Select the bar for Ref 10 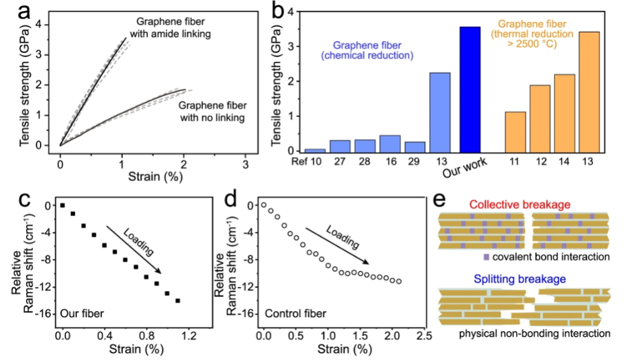tap(314, 149)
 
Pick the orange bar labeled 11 tap(516, 131)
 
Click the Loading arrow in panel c tap(134, 248)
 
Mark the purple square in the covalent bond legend tap(486, 257)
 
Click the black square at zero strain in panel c tap(63, 205)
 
